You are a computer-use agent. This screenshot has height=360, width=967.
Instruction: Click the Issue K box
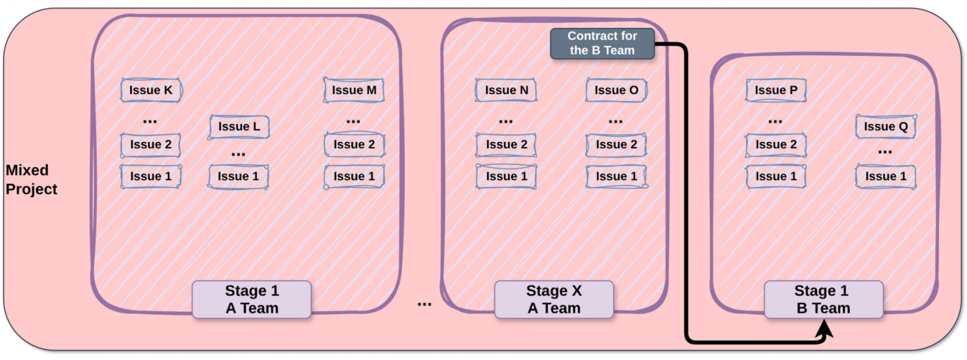[151, 90]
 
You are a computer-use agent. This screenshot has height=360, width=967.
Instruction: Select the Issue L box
[239, 126]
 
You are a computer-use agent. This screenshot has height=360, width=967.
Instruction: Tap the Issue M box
[354, 90]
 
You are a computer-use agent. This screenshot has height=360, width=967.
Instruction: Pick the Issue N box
[506, 90]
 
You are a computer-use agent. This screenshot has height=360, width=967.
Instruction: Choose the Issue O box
[616, 90]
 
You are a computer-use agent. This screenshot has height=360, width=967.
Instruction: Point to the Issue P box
[775, 90]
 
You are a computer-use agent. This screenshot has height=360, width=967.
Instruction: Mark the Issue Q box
[886, 126]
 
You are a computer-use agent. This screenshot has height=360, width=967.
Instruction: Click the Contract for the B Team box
[603, 43]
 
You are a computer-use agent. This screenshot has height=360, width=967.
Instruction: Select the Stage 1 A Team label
[252, 299]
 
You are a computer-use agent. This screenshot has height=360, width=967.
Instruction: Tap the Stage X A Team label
[554, 299]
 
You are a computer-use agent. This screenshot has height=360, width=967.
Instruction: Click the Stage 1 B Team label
[823, 299]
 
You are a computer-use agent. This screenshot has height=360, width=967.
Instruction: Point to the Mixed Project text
[31, 180]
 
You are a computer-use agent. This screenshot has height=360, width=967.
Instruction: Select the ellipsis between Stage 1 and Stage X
[425, 304]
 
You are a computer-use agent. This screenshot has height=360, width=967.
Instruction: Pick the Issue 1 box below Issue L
[238, 177]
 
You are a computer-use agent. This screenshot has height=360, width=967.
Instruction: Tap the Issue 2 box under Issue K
[151, 144]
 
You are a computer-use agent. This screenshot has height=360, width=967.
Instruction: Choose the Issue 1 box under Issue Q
[886, 177]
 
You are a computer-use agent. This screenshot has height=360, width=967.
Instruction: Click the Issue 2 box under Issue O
[616, 144]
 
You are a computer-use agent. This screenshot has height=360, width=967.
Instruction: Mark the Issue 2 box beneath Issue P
[775, 144]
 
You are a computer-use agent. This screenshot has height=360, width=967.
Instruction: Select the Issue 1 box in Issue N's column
[506, 177]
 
